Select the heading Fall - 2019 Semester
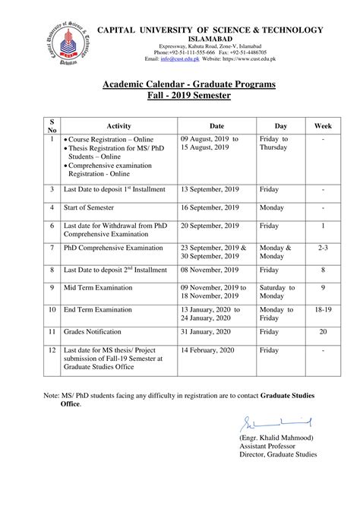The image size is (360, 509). pyautogui.click(x=190, y=96)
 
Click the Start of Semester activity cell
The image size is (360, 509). pyautogui.click(x=93, y=207)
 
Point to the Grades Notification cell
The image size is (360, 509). pyautogui.click(x=96, y=331)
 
